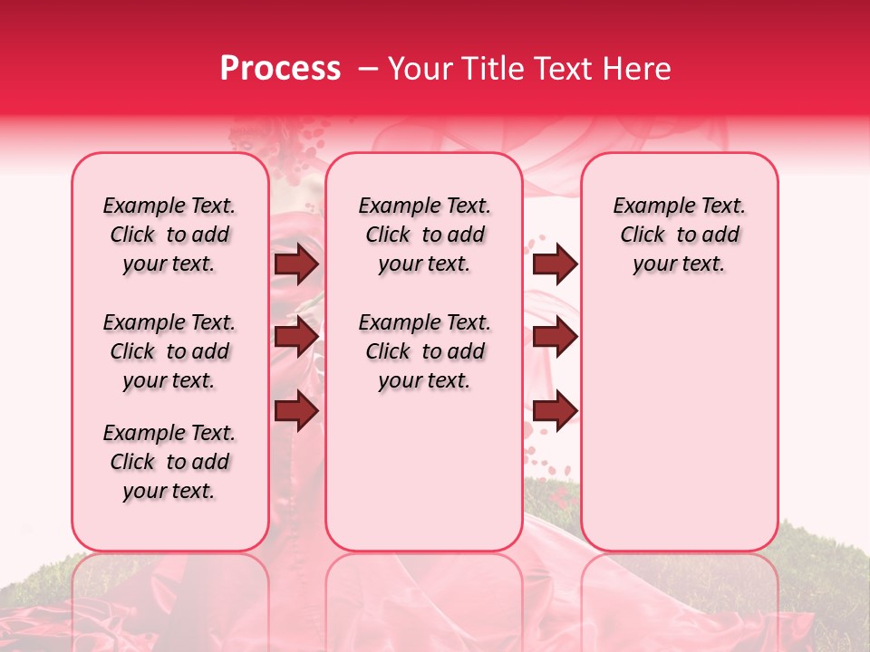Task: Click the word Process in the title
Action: point(280,69)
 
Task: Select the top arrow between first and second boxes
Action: point(296,264)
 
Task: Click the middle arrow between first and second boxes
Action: point(296,337)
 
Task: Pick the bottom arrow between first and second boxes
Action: point(296,410)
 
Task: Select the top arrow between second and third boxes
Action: point(555,264)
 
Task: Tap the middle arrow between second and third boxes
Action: point(555,337)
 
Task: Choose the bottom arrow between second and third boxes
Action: point(555,410)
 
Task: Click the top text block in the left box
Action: point(169,235)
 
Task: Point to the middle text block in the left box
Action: point(169,351)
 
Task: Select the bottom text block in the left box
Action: point(169,462)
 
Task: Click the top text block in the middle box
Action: point(424,235)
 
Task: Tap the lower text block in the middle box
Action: point(424,351)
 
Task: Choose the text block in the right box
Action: point(680,235)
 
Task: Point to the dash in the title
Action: point(368,69)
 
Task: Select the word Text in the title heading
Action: point(563,69)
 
